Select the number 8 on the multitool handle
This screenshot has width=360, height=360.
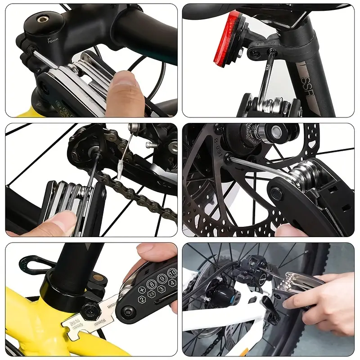[152, 284]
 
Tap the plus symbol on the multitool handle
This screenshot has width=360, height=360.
[141, 290]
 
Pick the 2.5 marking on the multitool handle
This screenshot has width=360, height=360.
[151, 296]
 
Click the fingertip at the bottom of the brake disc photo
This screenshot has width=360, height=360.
[288, 230]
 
